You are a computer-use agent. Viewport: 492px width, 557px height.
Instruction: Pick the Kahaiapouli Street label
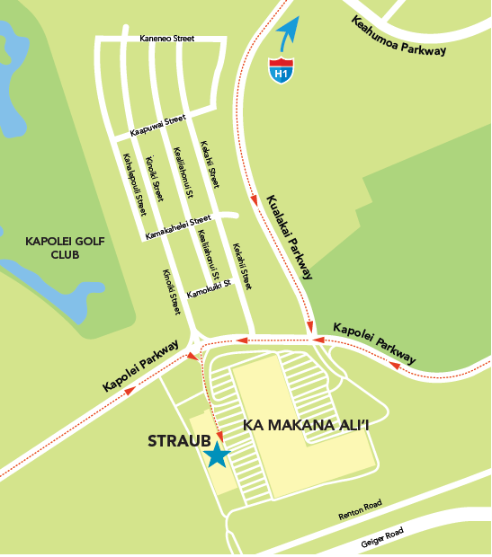[134, 183]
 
